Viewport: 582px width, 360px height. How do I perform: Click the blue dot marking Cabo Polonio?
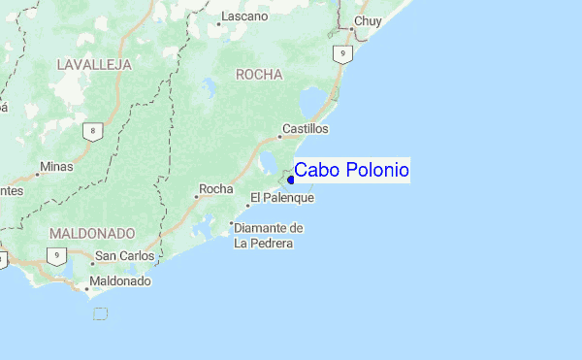(x=291, y=180)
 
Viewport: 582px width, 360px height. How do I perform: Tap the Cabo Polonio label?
(x=351, y=171)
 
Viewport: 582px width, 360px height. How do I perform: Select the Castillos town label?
(x=306, y=129)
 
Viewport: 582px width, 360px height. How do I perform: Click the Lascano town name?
(x=244, y=16)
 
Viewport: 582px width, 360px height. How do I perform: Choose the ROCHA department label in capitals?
(x=259, y=74)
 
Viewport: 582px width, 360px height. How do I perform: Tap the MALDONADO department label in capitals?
(x=91, y=234)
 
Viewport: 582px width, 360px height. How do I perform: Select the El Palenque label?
(x=282, y=198)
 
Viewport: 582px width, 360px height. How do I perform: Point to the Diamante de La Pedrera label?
(x=269, y=236)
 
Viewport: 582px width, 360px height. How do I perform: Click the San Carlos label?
(x=123, y=257)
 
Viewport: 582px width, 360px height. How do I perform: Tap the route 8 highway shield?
(x=91, y=131)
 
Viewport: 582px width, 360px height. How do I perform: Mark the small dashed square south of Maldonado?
(x=100, y=312)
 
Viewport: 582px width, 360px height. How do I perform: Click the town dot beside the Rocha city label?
(x=196, y=197)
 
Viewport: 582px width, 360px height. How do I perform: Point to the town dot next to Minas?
(x=38, y=175)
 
